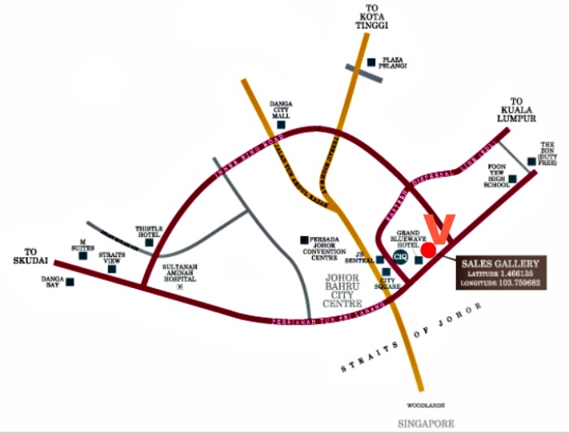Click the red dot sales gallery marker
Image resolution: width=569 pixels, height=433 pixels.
429,249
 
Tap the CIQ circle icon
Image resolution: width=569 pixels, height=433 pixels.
400,256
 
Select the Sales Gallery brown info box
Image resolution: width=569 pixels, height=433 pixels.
500,273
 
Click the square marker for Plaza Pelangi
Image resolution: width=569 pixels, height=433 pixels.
371,62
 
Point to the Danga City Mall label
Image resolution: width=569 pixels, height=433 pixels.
281,109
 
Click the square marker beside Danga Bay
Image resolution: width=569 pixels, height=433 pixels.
70,282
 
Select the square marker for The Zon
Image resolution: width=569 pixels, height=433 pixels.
531,161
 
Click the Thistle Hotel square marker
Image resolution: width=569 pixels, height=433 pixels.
149,243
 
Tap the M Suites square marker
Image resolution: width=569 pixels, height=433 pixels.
83,256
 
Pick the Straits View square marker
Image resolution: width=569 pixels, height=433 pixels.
112,269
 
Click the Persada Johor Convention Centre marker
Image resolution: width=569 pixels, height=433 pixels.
305,239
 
